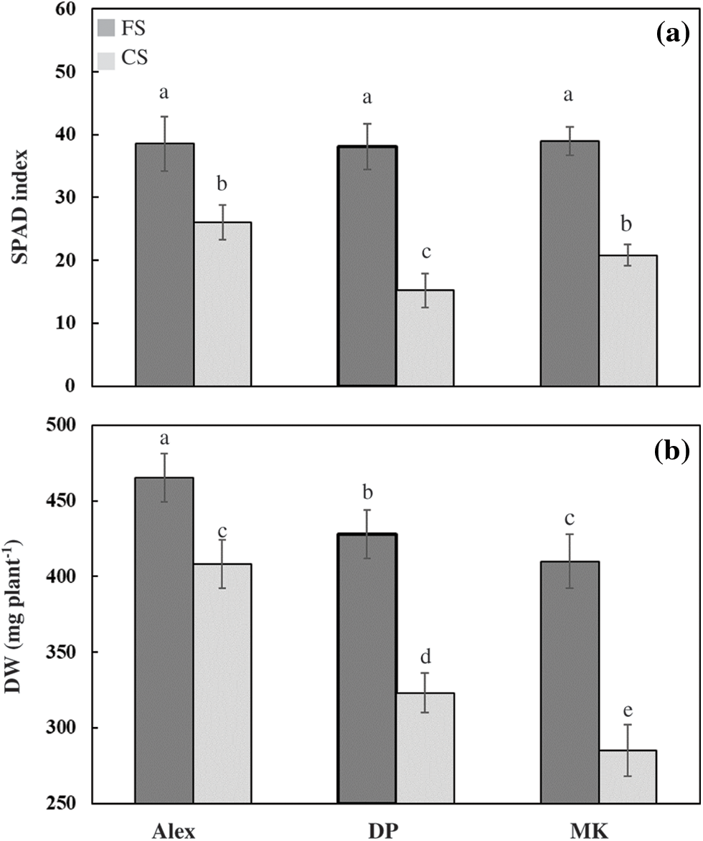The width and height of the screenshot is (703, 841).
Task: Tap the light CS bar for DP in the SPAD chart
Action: coord(425,338)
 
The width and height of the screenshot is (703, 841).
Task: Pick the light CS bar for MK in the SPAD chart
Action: coord(628,320)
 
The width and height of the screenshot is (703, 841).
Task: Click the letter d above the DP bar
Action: coord(425,657)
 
